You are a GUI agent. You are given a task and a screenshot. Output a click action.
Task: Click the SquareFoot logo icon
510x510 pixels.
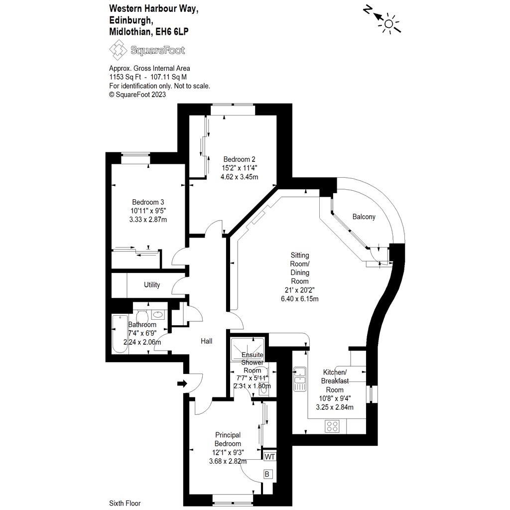click(x=119, y=50)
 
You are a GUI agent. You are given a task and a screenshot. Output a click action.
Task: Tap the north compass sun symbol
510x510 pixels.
click(x=388, y=22)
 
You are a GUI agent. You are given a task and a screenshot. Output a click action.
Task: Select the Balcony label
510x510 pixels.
click(x=364, y=217)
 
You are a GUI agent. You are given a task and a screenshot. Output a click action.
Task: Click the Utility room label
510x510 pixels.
click(x=152, y=285)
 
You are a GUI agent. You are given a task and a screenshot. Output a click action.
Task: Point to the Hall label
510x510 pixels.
click(x=206, y=341)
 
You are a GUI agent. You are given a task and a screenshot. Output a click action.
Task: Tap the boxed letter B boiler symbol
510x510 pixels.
click(x=267, y=474)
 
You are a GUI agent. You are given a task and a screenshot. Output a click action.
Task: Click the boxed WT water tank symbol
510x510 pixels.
click(x=269, y=456)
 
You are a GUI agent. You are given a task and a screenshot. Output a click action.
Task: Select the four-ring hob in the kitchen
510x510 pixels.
click(x=332, y=426)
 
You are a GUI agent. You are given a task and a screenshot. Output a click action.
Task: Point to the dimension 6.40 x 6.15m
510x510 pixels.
click(x=300, y=299)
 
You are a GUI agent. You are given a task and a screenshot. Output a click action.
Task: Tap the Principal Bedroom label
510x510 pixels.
click(x=228, y=439)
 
